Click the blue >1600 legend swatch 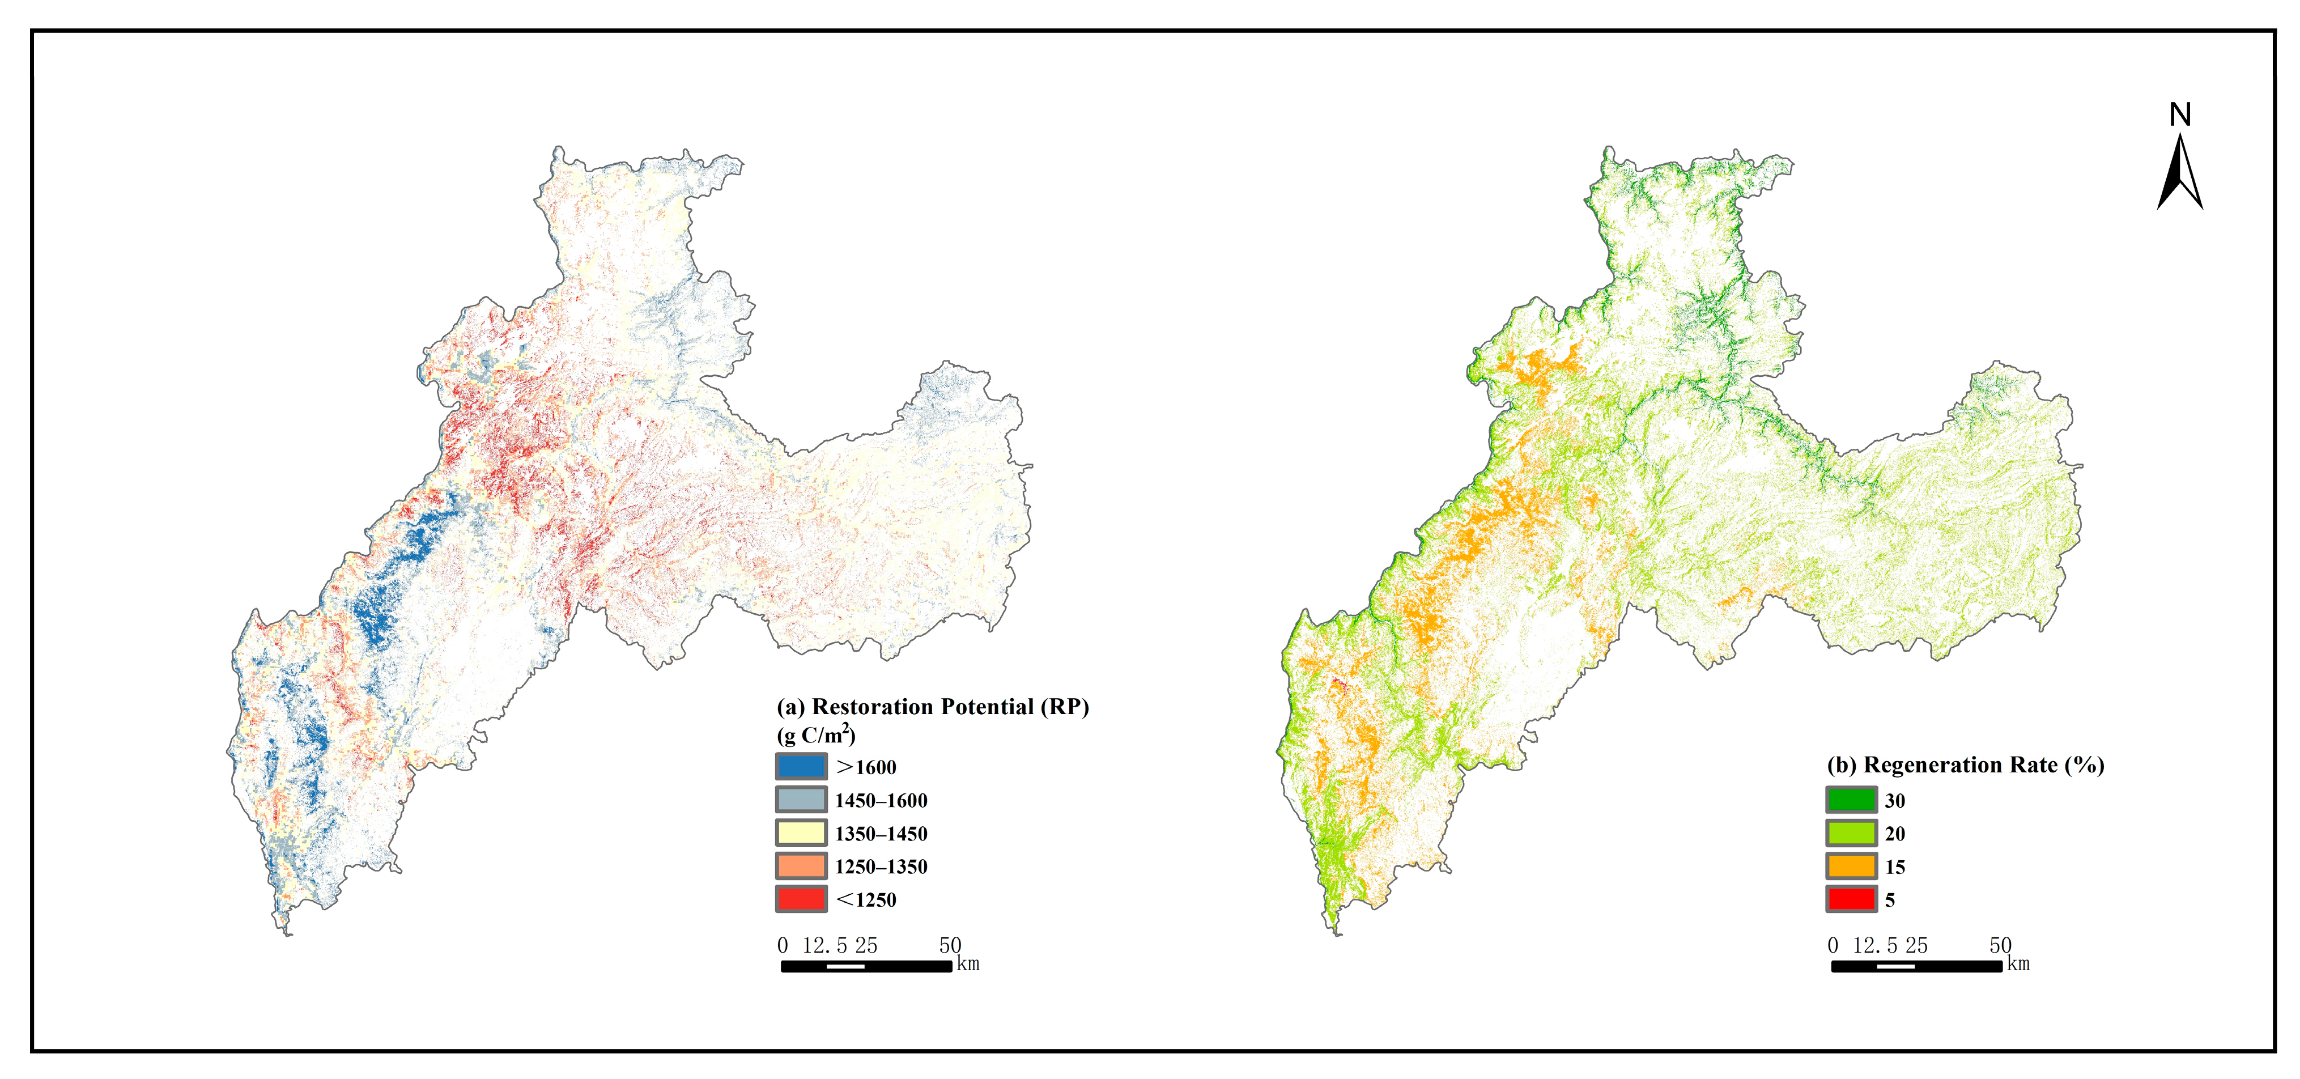click(801, 766)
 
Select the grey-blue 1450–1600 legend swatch click(801, 800)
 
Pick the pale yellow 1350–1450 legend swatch click(801, 832)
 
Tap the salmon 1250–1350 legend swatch click(801, 865)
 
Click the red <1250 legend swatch click(801, 899)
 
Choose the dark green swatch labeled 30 click(1851, 800)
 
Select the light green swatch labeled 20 click(1851, 832)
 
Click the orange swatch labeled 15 click(1851, 865)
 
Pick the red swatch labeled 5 click(1851, 899)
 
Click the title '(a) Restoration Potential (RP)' click(932, 707)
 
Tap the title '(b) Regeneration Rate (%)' click(1965, 764)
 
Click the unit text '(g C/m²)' click(815, 735)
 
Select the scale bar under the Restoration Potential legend click(866, 966)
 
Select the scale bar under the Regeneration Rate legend click(1916, 966)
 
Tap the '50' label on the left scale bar click(950, 945)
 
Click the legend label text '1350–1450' click(881, 834)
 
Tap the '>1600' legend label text click(866, 767)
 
